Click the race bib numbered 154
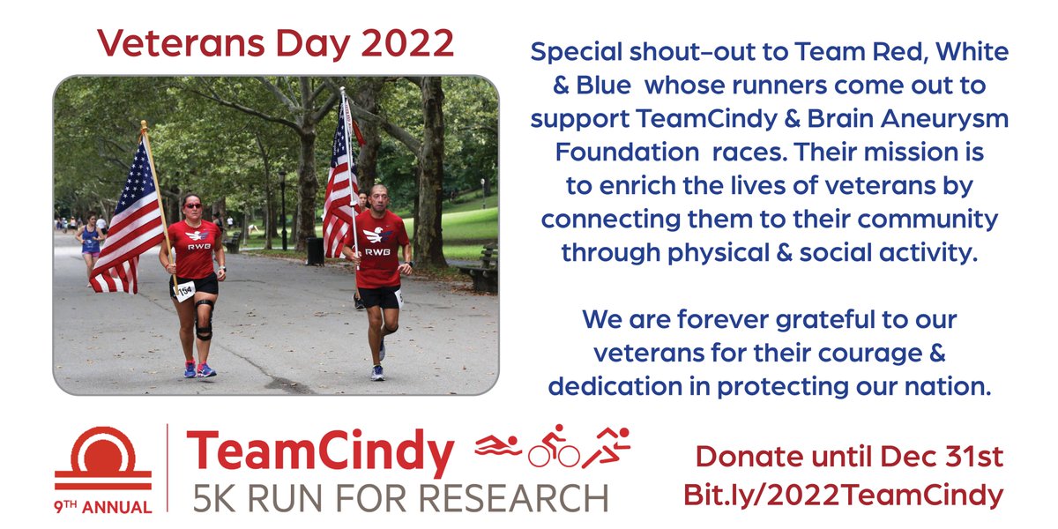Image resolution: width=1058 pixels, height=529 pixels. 184,290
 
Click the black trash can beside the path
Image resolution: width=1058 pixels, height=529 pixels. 315,250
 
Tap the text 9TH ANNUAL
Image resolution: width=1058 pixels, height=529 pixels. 103,506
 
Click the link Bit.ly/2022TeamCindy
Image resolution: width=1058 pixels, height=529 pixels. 843,495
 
